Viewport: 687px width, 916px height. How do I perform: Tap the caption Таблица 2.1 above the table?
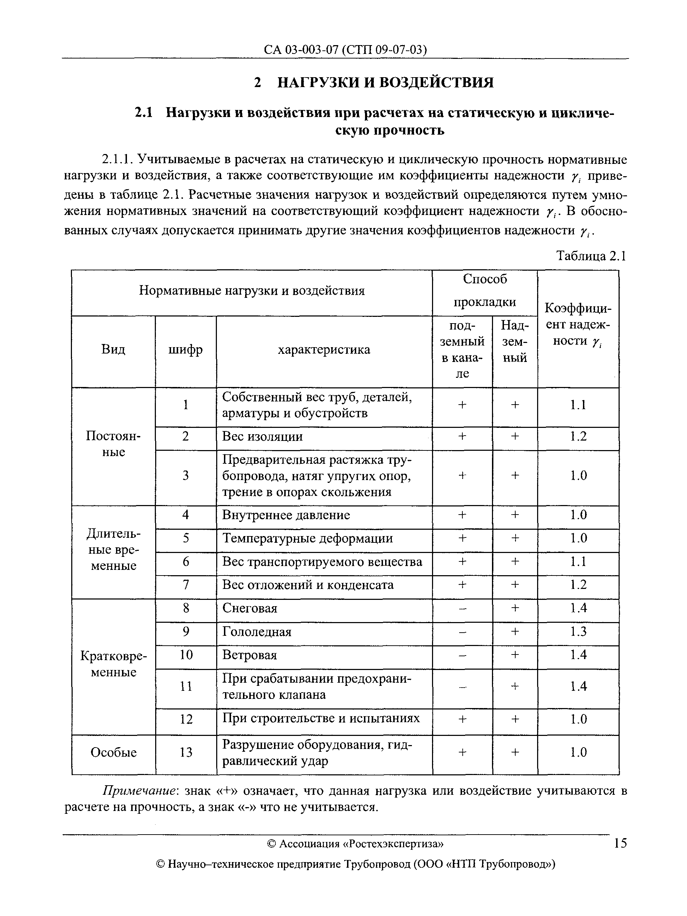[x=590, y=256]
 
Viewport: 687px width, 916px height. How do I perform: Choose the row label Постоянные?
[x=113, y=443]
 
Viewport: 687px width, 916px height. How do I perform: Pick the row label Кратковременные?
[x=113, y=664]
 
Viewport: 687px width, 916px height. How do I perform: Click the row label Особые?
[x=113, y=752]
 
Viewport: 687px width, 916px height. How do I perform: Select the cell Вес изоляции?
[x=262, y=436]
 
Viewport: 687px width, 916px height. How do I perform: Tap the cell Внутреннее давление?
[x=286, y=515]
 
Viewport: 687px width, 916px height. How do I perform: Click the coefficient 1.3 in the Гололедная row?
[x=578, y=632]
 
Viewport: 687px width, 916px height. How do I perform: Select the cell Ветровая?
[x=249, y=655]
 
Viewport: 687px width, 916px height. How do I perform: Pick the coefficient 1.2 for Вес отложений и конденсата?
[x=578, y=585]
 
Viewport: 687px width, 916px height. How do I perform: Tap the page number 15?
[x=620, y=843]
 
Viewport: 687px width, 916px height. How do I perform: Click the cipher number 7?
[x=186, y=585]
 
